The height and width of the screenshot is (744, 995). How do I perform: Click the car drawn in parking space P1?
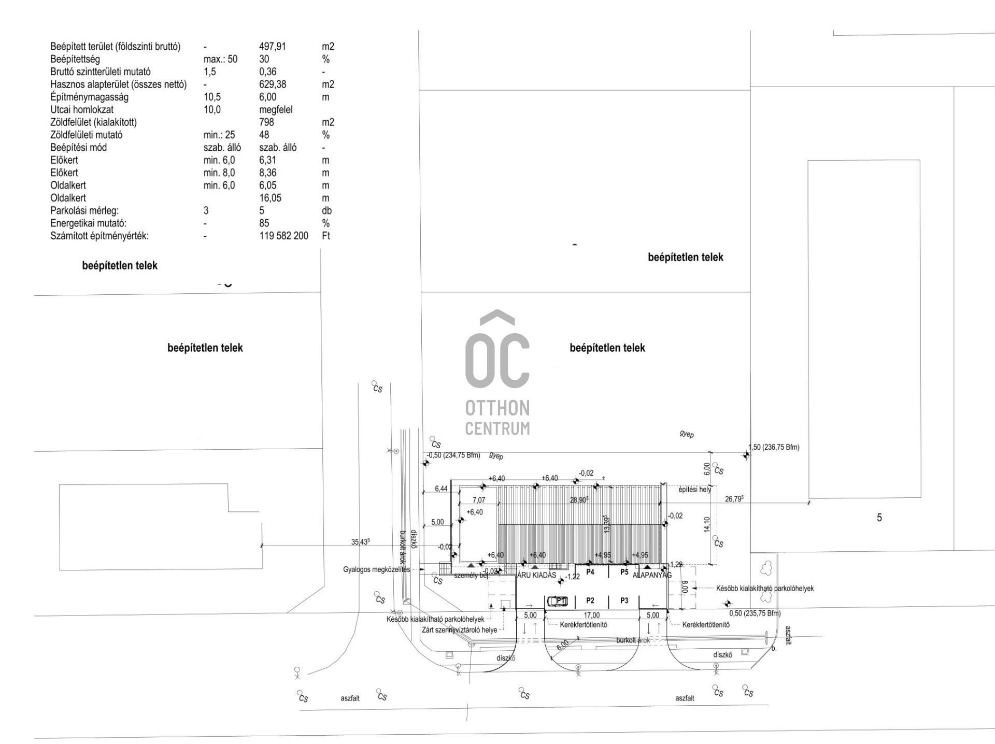coord(557,601)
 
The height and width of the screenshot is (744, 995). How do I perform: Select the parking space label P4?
coord(590,573)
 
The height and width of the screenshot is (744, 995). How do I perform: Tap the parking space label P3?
coord(624,600)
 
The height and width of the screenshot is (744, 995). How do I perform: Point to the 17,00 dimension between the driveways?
coord(591,616)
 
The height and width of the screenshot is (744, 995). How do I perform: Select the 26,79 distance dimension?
coord(734,499)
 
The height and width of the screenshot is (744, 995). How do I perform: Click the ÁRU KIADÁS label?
coord(537,575)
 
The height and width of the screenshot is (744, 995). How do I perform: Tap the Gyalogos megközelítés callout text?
coord(376,570)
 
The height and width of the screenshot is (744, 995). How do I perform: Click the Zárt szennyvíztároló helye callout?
coord(459,630)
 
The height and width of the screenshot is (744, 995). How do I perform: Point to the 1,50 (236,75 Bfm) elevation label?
coord(774,447)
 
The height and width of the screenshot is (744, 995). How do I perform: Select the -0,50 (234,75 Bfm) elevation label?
coord(453,455)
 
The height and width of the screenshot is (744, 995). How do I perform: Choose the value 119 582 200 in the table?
coord(283,236)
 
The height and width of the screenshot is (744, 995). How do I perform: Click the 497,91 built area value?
coord(272,47)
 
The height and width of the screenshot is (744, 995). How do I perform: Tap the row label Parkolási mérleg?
coord(84,211)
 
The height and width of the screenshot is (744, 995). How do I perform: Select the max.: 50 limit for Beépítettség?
coord(220,59)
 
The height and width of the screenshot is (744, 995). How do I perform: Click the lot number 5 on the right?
coord(879,518)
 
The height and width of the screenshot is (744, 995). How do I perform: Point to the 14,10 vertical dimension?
coord(707,524)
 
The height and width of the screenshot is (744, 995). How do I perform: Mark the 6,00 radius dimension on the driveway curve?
coord(563,646)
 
